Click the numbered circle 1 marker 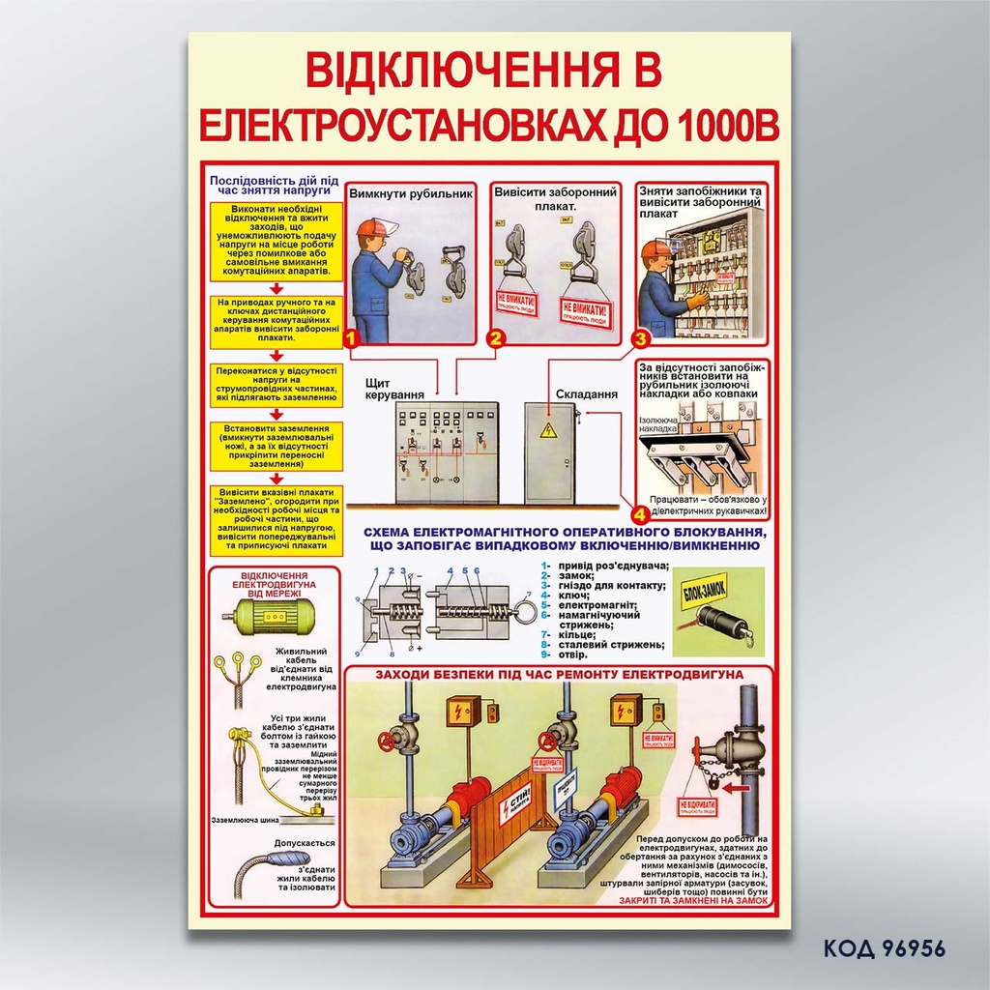[x=351, y=338]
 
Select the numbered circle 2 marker [x=495, y=338]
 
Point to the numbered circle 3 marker [x=640, y=338]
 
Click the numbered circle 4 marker [x=640, y=511]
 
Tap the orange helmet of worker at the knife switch [x=371, y=228]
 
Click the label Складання [x=586, y=394]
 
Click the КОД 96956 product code [x=884, y=947]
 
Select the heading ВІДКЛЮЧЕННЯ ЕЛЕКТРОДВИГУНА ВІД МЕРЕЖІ [x=276, y=584]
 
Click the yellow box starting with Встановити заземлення [x=276, y=446]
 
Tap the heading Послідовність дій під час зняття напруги [x=275, y=185]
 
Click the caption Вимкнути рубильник [x=410, y=193]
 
